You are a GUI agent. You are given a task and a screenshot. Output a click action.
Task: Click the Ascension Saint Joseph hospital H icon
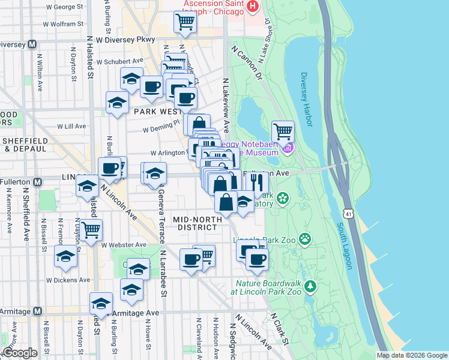[253, 7]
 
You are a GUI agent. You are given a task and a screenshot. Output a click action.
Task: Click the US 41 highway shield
[349, 212]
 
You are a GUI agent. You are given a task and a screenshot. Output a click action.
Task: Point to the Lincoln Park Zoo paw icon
[306, 239]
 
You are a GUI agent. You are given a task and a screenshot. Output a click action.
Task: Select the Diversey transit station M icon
[31, 44]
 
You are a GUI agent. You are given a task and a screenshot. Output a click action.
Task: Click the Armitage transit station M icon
[38, 311]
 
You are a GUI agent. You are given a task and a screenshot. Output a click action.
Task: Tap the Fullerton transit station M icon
[38, 181]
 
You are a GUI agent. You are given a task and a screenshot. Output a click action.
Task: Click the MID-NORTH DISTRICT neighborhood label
[194, 223]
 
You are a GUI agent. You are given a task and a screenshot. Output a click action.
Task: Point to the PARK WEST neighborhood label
[157, 112]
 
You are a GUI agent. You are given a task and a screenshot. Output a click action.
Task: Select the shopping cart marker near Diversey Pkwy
[185, 23]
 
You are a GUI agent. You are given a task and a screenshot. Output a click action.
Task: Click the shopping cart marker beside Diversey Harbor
[283, 130]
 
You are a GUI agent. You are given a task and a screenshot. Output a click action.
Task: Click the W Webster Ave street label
[124, 245]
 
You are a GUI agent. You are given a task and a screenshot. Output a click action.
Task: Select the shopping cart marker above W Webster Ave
[91, 229]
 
